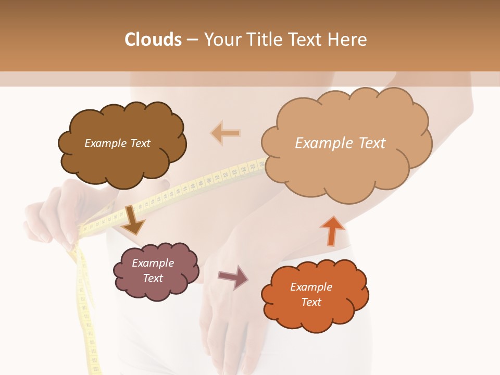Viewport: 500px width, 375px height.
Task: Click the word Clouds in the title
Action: tap(153, 40)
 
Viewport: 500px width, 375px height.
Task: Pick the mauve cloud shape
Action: tap(156, 271)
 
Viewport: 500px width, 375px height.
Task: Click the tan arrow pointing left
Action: tap(226, 133)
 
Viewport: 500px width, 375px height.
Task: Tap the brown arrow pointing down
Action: tap(133, 220)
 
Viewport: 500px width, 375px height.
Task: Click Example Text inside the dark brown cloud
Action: tap(117, 143)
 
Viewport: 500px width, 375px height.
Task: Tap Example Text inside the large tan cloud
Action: tap(340, 143)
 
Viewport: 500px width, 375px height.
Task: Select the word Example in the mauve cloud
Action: tap(153, 264)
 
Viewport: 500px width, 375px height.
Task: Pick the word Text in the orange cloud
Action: tap(311, 303)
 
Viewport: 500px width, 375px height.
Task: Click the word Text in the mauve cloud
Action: tap(153, 279)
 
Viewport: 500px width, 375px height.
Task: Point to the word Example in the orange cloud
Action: tap(311, 287)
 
